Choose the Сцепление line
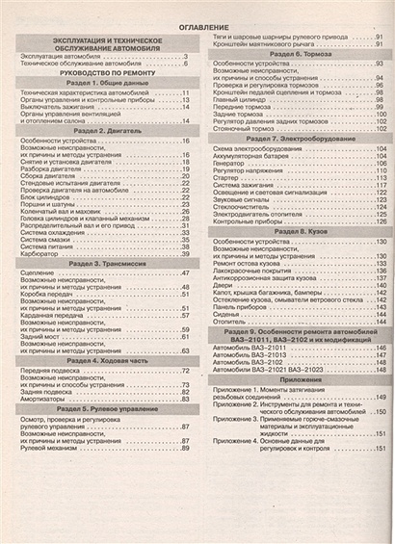[x=39, y=273]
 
